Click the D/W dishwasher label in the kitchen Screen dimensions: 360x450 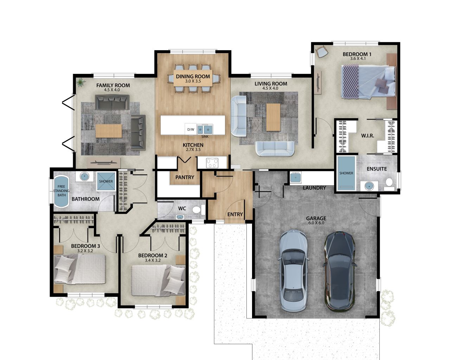191,129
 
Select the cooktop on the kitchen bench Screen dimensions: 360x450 212,163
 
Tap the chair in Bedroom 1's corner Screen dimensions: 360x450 322,52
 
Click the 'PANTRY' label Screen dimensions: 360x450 185,178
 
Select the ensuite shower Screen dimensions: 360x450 346,173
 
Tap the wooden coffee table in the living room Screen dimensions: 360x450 273,117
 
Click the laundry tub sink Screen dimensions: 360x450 295,177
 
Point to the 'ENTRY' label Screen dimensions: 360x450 235,214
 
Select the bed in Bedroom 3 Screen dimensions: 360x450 80,269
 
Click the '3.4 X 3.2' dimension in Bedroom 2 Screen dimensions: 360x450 153,261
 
